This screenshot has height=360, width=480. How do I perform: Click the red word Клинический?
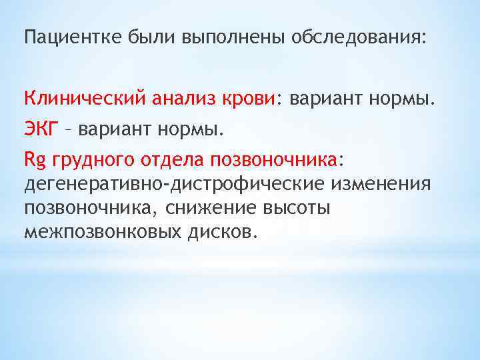(x=86, y=99)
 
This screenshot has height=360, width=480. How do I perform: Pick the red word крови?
(x=248, y=99)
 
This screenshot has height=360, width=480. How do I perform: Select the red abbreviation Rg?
(x=33, y=160)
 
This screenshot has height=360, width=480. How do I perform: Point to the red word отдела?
(x=169, y=160)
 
